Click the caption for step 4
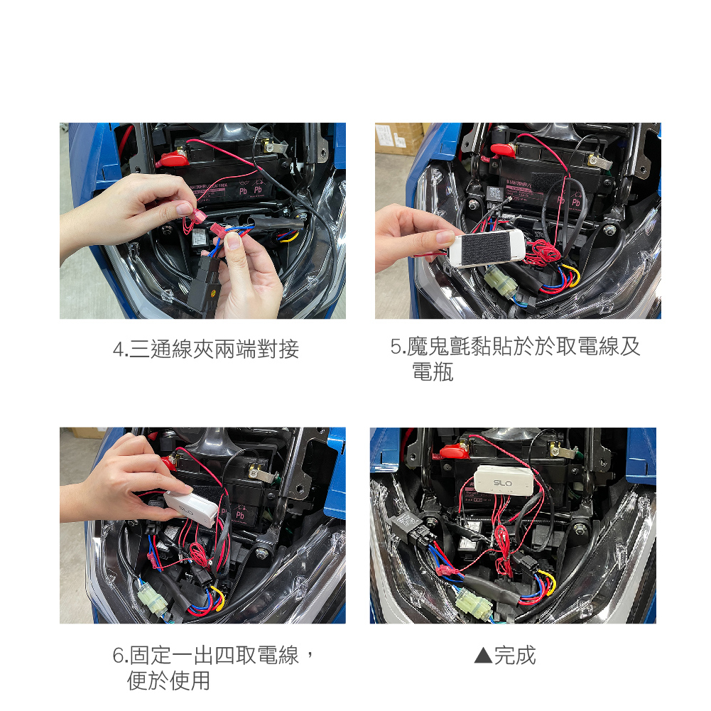(206, 349)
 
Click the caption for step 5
(515, 359)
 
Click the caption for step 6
(212, 668)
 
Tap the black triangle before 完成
(483, 656)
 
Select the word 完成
(515, 656)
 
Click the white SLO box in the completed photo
(504, 481)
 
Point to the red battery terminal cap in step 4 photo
(173, 159)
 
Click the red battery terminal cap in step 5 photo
(503, 150)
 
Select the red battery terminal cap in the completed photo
(454, 451)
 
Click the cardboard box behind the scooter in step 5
(399, 138)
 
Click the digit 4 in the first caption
(119, 349)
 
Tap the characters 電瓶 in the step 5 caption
(433, 371)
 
